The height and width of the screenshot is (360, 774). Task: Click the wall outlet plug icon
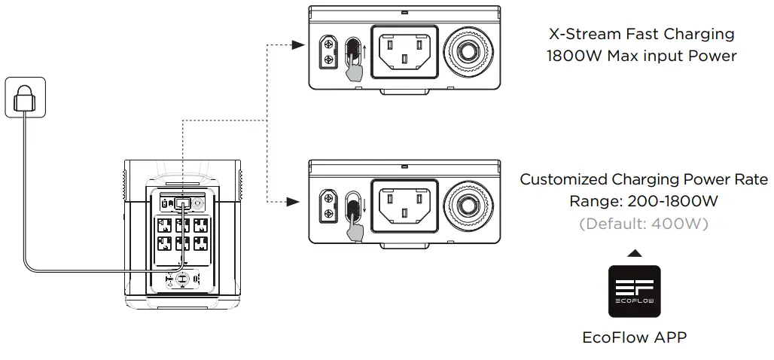click(25, 96)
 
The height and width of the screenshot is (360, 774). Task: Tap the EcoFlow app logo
click(634, 291)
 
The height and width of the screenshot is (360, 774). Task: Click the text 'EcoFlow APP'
click(634, 337)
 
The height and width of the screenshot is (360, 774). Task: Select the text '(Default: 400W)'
click(644, 224)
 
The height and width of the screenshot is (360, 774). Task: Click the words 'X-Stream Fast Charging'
click(642, 34)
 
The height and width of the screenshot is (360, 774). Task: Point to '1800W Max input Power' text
click(642, 56)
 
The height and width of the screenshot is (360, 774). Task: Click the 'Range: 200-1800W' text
click(644, 201)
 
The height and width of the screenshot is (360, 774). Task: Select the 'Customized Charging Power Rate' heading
click(644, 179)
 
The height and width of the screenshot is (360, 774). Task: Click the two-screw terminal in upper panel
click(328, 52)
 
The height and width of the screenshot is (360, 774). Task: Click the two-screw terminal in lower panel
click(328, 205)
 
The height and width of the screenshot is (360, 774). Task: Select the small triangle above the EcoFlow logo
click(634, 254)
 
